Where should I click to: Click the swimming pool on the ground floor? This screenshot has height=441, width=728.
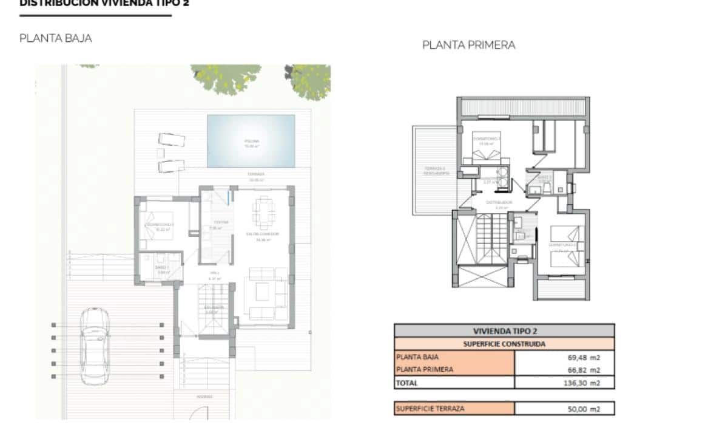tap(251, 141)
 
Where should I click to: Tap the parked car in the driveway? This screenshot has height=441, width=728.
tap(95, 345)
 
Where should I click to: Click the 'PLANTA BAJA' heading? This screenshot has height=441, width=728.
tap(56, 38)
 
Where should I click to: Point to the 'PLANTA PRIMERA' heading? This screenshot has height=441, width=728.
tap(468, 45)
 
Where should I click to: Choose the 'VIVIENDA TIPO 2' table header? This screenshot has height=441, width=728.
tap(504, 331)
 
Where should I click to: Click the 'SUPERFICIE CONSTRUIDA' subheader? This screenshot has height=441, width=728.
tap(504, 344)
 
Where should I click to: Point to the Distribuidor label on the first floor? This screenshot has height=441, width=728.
tap(499, 202)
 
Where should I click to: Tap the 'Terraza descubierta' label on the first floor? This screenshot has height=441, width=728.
tap(434, 171)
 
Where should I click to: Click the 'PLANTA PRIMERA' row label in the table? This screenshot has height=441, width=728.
tap(424, 370)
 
